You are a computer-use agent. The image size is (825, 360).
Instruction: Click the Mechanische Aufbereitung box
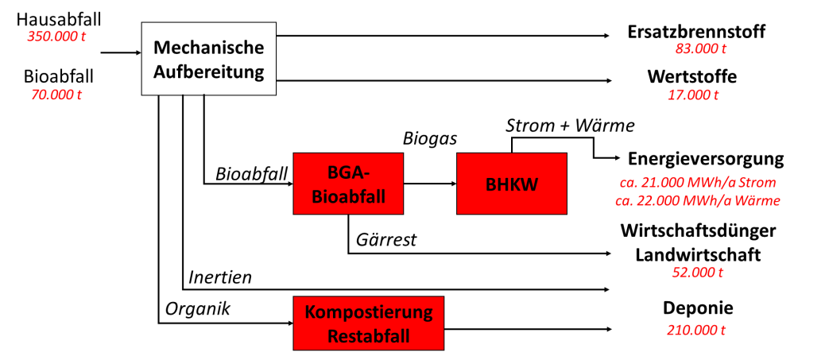click(208, 58)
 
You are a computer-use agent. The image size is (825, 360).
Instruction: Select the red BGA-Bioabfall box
click(348, 183)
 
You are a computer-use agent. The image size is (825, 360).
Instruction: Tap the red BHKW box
click(511, 183)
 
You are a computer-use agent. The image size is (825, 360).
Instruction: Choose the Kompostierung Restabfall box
click(369, 323)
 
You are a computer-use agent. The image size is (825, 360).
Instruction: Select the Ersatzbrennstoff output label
click(695, 33)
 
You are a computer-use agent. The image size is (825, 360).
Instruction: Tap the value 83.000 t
click(695, 50)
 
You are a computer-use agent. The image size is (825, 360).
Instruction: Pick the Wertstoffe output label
click(691, 77)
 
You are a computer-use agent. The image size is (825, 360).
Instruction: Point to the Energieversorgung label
click(706, 158)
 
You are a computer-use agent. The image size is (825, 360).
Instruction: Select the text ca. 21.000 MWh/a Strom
click(699, 184)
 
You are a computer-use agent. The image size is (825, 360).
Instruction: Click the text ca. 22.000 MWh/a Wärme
click(700, 200)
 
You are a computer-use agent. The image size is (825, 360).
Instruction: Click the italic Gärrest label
click(387, 238)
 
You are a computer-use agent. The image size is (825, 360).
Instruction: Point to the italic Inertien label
click(220, 277)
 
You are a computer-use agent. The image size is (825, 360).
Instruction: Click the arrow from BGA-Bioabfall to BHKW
click(429, 184)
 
